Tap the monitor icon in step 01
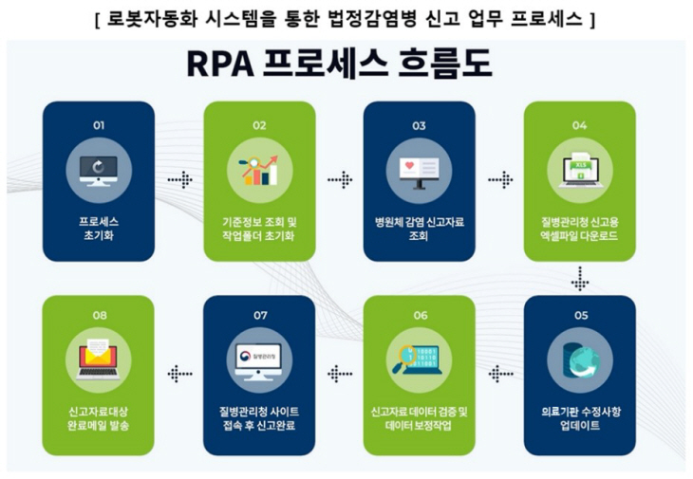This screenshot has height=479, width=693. click(x=98, y=172)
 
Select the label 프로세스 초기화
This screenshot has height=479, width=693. click(x=99, y=229)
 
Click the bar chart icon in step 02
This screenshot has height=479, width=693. click(x=258, y=172)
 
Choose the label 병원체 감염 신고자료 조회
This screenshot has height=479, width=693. click(x=419, y=229)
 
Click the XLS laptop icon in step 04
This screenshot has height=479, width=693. click(x=579, y=172)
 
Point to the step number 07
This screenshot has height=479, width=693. click(x=259, y=316)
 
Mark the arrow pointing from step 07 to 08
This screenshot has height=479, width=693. click(x=178, y=375)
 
